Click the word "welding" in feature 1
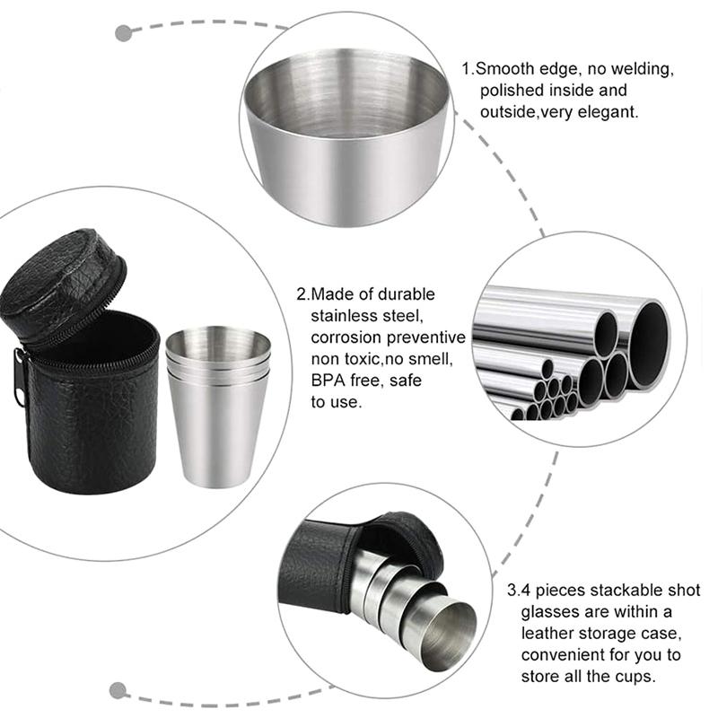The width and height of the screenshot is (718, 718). click(642, 69)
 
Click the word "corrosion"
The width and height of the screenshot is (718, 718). click(346, 337)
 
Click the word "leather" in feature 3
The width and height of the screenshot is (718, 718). click(547, 634)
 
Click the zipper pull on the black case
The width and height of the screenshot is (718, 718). click(19, 378)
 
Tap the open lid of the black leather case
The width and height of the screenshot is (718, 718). click(63, 282)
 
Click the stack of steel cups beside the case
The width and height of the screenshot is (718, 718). click(218, 407)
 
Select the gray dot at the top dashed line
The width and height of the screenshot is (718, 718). click(123, 33)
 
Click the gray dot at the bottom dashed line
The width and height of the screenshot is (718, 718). click(118, 690)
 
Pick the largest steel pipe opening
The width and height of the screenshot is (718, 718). click(650, 345)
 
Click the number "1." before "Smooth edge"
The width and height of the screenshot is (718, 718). click(468, 69)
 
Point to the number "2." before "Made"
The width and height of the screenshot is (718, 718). click(303, 294)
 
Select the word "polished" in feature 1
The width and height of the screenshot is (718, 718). click(512, 91)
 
